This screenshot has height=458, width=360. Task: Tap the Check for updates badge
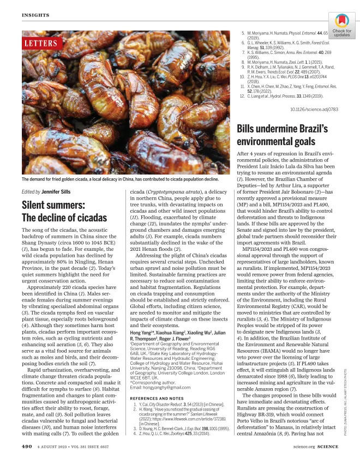click(341, 27)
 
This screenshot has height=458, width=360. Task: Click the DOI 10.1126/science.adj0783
click(314, 110)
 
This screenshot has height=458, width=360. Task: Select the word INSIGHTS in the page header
click(36, 15)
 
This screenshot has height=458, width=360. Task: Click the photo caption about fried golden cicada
click(120, 179)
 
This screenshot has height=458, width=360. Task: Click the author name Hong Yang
click(141, 317)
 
